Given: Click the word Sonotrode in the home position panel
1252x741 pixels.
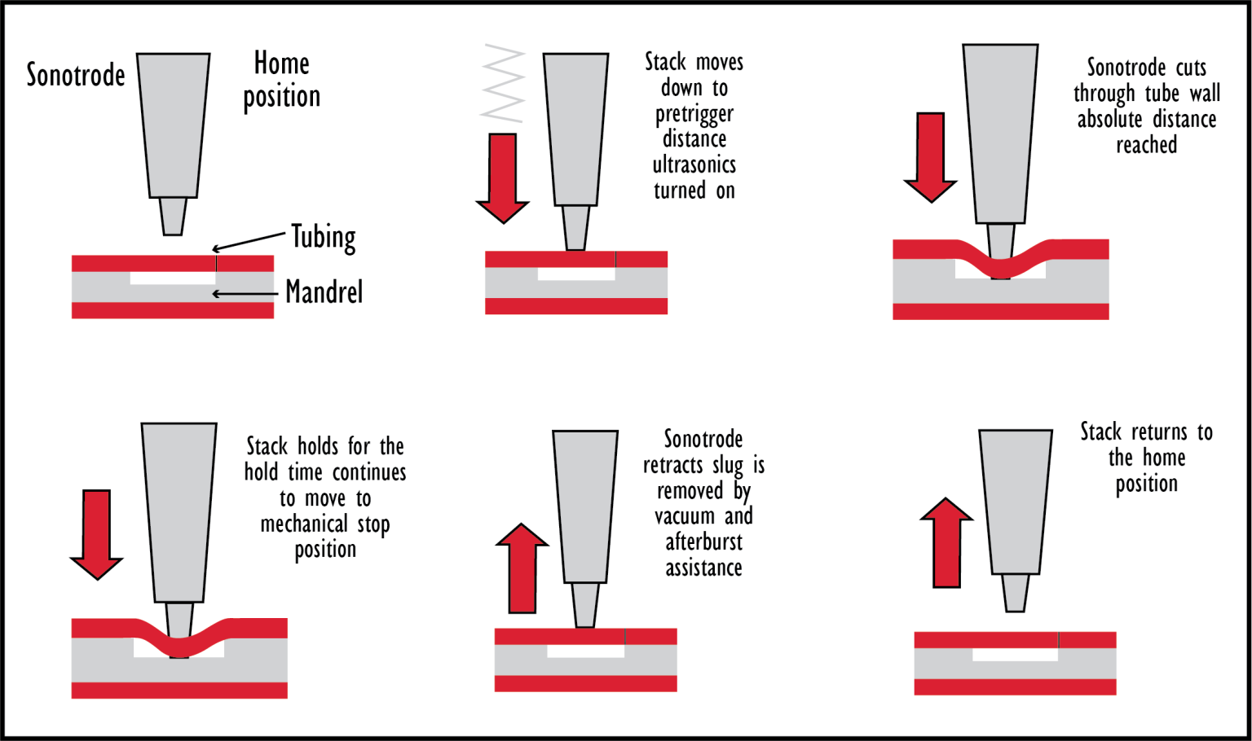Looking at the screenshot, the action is click(76, 75).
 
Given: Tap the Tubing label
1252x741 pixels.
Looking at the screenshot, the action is click(324, 237).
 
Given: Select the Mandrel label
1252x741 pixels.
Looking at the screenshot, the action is click(324, 292).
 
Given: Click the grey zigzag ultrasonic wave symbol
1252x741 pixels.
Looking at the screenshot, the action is click(502, 82).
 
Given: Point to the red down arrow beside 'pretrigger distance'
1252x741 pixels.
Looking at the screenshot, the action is click(502, 178).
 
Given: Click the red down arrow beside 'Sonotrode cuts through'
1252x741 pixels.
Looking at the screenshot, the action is click(931, 157).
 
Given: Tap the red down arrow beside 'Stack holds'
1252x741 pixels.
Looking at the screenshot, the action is click(97, 535).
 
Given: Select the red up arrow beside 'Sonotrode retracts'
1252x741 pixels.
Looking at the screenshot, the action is click(522, 568).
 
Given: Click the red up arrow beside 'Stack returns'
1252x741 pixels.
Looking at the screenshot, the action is click(946, 542).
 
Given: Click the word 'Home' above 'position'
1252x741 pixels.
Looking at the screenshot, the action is click(282, 63).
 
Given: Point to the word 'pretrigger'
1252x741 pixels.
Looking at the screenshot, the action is click(694, 115).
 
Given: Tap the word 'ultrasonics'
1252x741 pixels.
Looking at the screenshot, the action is click(694, 164).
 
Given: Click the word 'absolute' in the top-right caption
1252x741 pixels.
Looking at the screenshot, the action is click(1109, 119).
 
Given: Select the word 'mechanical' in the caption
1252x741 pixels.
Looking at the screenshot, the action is click(304, 524).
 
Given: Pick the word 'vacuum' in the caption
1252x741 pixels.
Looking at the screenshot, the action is click(685, 516).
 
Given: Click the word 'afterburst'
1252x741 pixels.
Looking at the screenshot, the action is click(703, 541).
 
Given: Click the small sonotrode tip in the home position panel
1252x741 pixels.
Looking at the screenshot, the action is click(173, 216).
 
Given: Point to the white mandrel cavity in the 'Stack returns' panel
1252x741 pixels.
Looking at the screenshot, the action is click(1015, 655).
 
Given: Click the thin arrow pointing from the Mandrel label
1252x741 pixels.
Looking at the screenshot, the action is click(245, 294).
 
